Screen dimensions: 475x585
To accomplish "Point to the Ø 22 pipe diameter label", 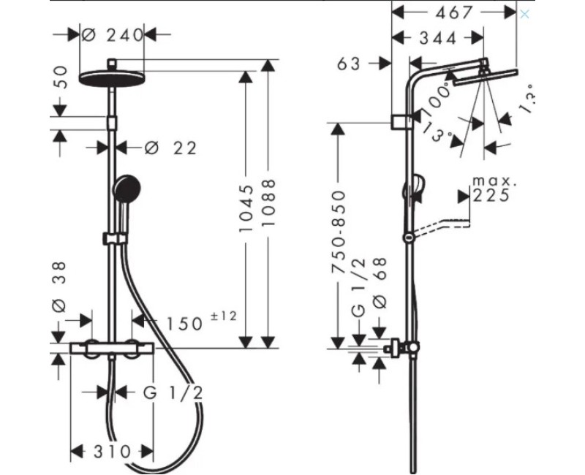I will pos(170,148).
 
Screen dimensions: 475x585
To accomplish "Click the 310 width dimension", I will pos(111,452).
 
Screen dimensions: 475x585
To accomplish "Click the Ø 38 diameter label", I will pos(61,285).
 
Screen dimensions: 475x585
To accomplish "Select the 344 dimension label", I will pos(438,37).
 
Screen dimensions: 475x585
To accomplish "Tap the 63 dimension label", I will pos(350,64).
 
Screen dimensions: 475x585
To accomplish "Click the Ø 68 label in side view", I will pos(379,281).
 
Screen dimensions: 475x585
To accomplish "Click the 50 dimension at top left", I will pos(61,78).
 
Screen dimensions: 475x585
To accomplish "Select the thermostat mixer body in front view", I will pos(113,349).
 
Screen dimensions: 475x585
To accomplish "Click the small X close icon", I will pos(524,14).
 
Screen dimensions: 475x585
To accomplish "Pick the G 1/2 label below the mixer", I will pos(173,392).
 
